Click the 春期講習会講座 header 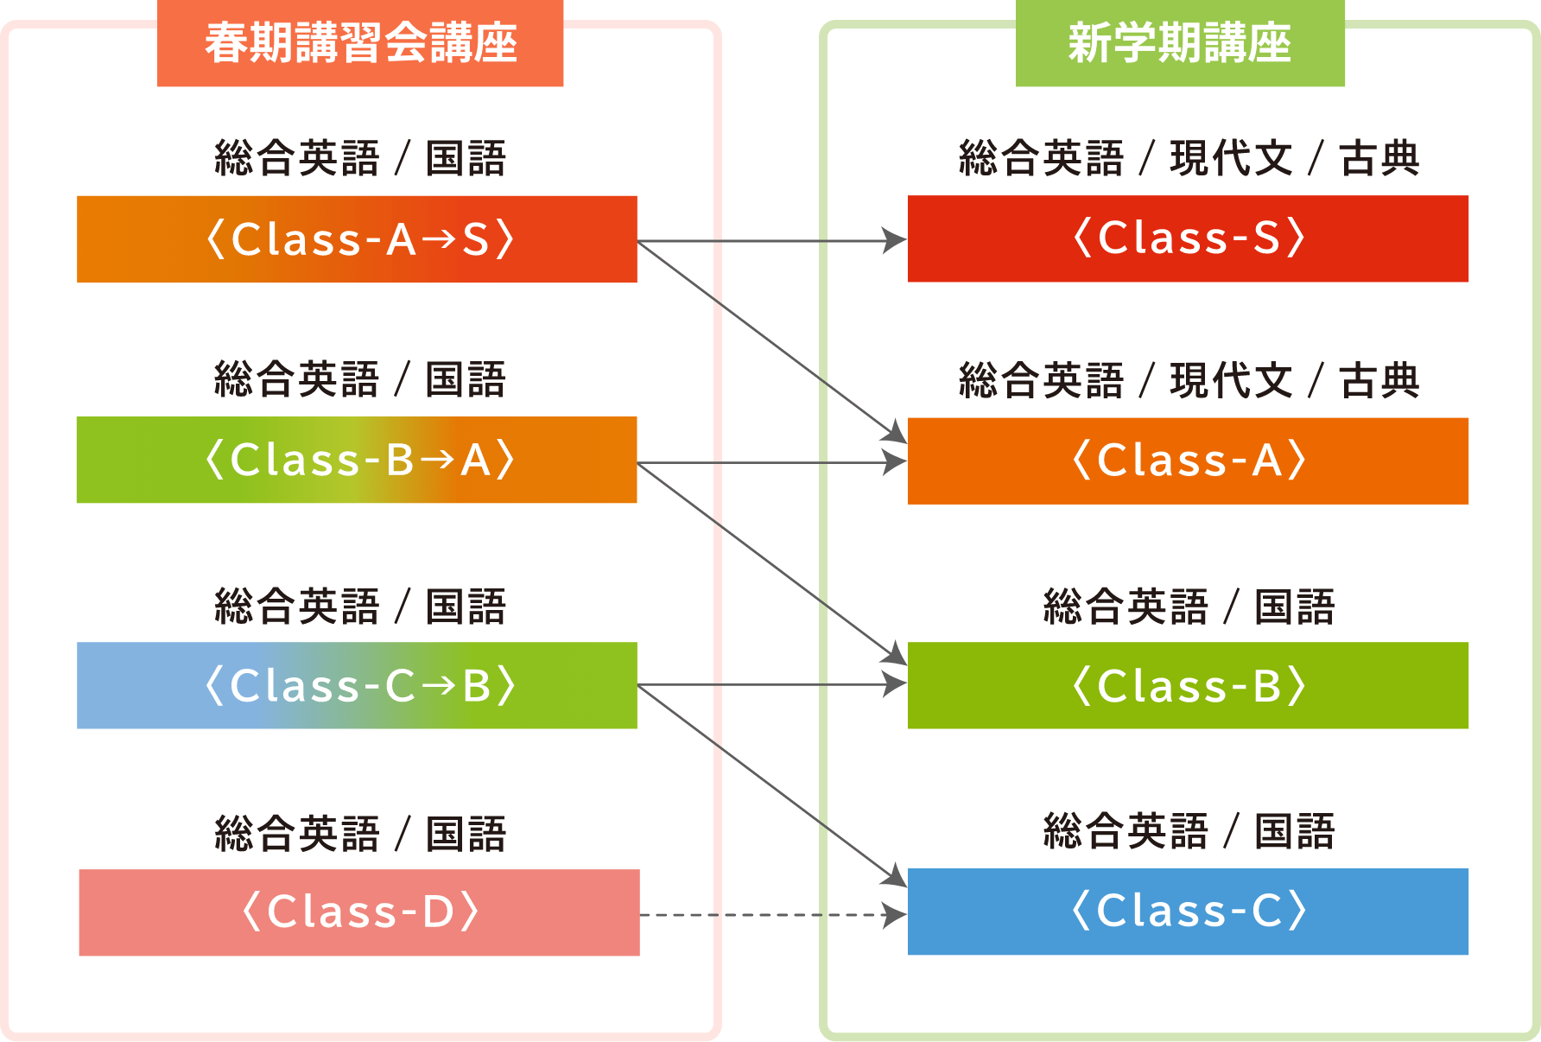(x=360, y=43)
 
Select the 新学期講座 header (x=1180, y=43)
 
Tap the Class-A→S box (x=357, y=239)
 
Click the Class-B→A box (x=357, y=460)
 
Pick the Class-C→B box (x=357, y=685)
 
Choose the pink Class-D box (x=359, y=912)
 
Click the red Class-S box (x=1188, y=238)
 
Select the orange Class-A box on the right (x=1188, y=461)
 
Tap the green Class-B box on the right (x=1188, y=685)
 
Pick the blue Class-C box (x=1188, y=912)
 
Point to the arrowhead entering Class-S (x=895, y=241)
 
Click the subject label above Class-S (x=1189, y=158)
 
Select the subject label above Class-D (x=359, y=834)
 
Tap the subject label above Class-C (x=1189, y=831)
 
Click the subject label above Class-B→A (x=359, y=379)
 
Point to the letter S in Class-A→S (x=476, y=239)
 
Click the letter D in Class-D (x=438, y=912)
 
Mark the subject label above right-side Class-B (x=1189, y=607)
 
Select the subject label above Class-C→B (x=359, y=607)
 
